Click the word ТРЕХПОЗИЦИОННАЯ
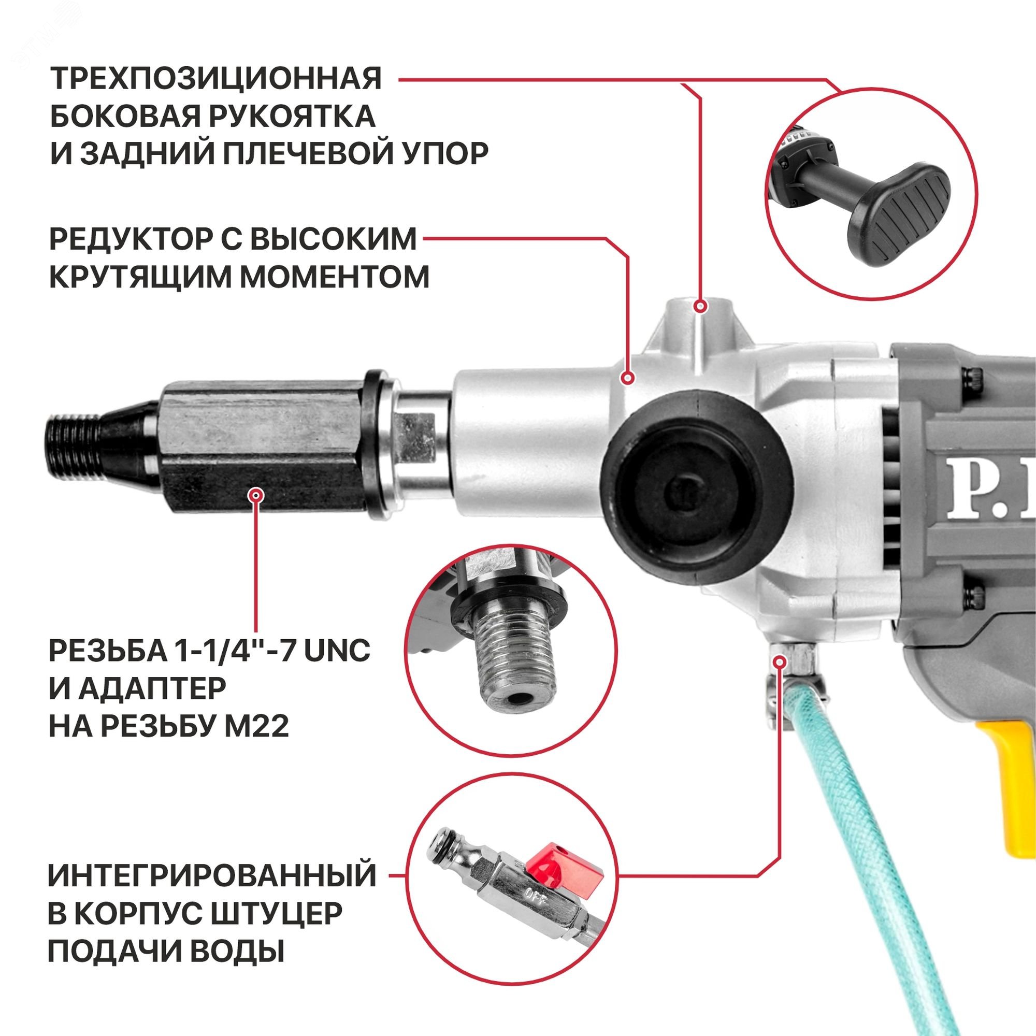pos(215,79)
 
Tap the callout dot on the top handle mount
pos(700,307)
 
